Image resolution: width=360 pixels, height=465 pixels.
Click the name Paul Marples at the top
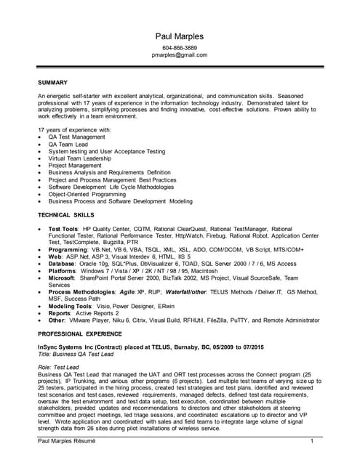tap(180, 36)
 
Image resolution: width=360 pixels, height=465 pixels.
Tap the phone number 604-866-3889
tap(180, 48)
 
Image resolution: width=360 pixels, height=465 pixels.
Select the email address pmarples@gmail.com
tap(180, 55)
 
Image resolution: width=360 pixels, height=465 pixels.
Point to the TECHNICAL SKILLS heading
tap(65, 216)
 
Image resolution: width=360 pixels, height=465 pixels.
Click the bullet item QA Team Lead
tap(66, 145)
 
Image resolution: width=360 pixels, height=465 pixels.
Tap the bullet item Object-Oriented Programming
tap(87, 193)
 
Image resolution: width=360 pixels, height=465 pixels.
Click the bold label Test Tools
tap(64, 229)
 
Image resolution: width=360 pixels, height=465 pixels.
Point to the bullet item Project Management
tap(75, 166)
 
